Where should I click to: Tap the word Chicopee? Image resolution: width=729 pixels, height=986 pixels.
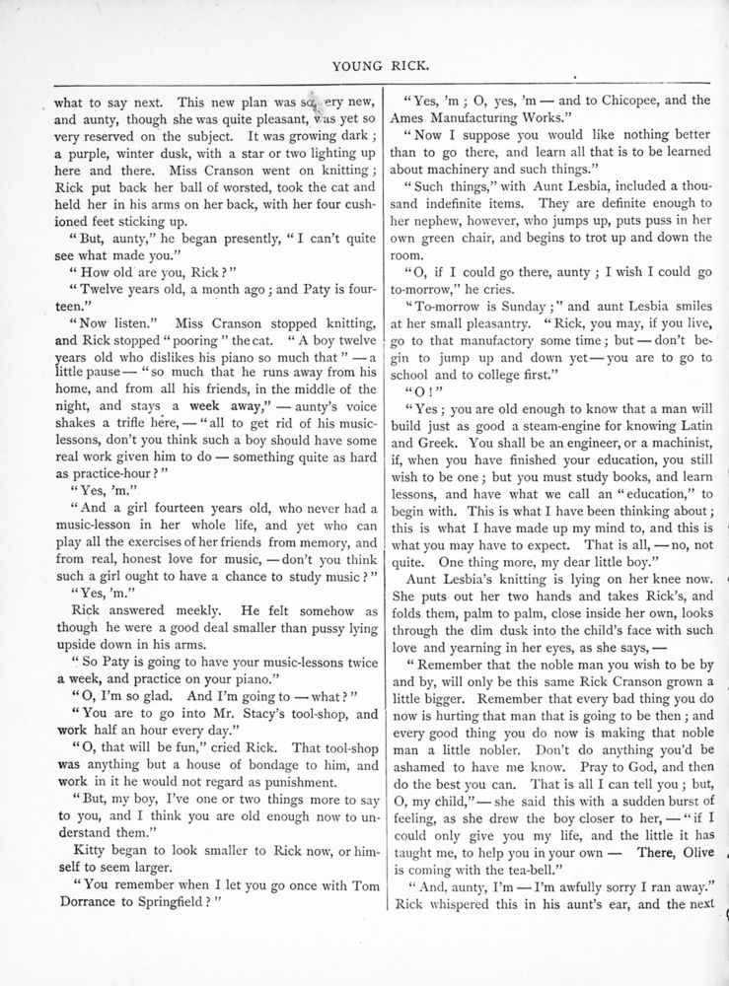pos(614,100)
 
